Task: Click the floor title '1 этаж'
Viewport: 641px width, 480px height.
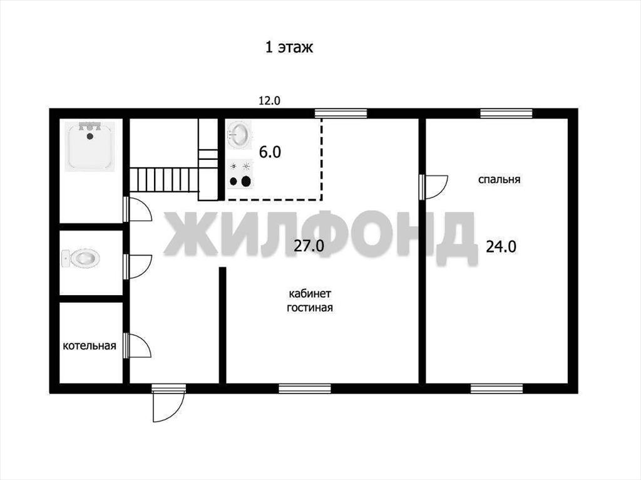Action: (289, 47)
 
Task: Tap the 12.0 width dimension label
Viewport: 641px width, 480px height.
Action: (269, 101)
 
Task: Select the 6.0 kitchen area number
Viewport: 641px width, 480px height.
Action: (270, 152)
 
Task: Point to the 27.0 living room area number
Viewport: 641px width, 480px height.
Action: (309, 246)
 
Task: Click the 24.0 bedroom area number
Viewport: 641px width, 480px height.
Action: (501, 247)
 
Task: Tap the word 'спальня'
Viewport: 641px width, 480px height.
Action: (499, 179)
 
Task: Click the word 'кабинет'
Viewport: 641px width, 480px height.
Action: (310, 294)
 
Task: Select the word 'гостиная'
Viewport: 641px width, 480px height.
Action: (310, 308)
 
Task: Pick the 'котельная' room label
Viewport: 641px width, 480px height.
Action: (89, 346)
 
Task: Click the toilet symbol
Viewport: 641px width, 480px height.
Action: (81, 258)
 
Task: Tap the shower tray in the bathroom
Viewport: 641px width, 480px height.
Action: (90, 145)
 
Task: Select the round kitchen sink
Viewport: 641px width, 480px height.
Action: (239, 134)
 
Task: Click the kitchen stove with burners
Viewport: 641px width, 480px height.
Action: (240, 175)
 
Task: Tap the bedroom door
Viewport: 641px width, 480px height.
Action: (434, 187)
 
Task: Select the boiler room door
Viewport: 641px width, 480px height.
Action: (138, 346)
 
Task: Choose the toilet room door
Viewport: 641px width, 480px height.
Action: (138, 267)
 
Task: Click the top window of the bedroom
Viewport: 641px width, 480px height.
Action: (506, 113)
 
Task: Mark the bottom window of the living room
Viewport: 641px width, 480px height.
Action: (305, 389)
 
